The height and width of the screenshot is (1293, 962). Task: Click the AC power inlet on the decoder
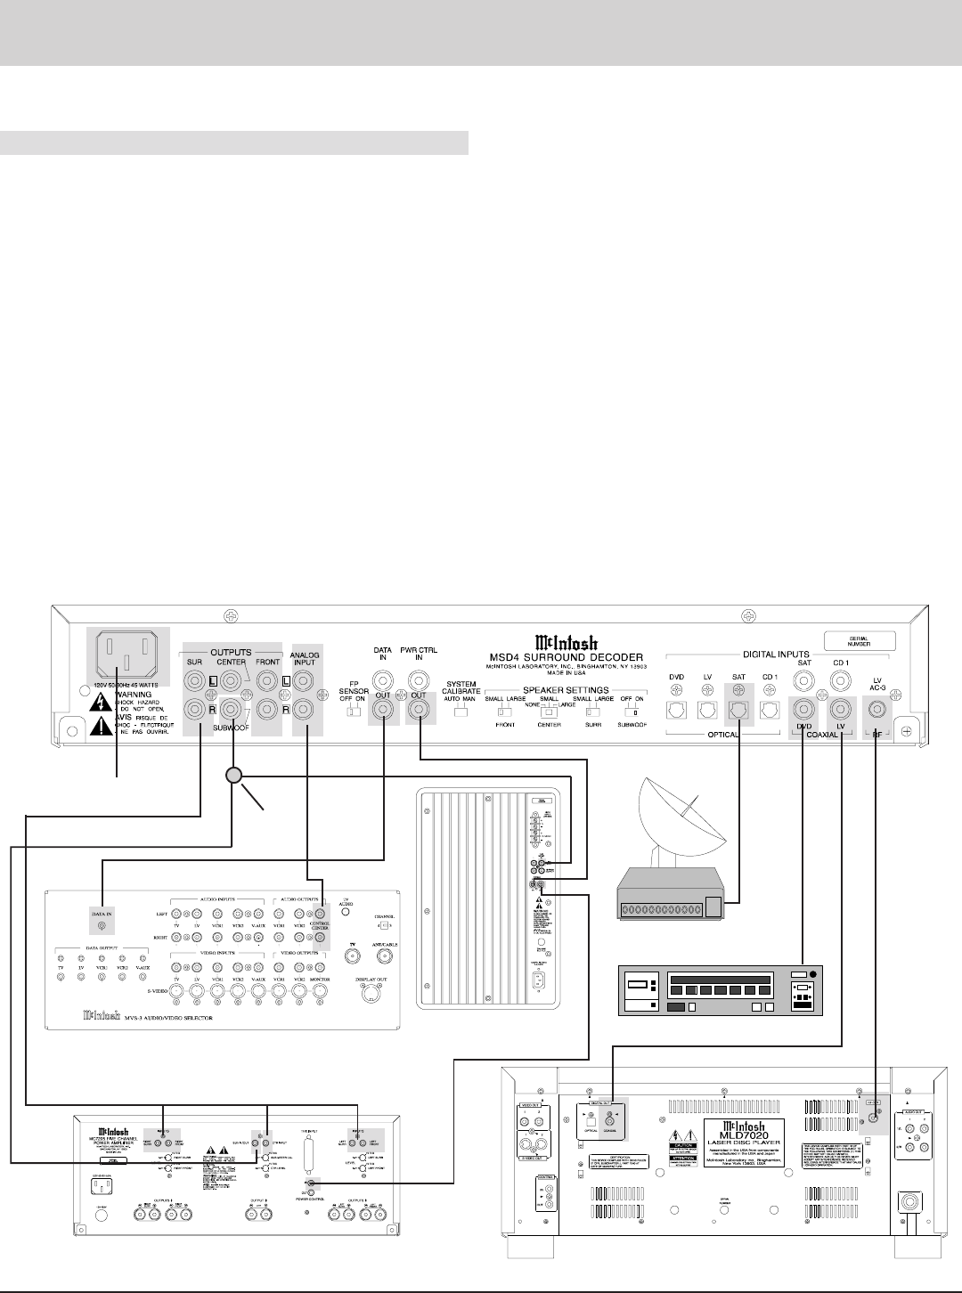[125, 657]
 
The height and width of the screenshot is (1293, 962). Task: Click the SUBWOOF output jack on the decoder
[232, 710]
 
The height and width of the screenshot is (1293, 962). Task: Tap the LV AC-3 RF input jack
[878, 710]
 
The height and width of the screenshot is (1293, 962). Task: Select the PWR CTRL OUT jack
[417, 711]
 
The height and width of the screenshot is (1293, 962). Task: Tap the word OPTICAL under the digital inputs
[712, 736]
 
